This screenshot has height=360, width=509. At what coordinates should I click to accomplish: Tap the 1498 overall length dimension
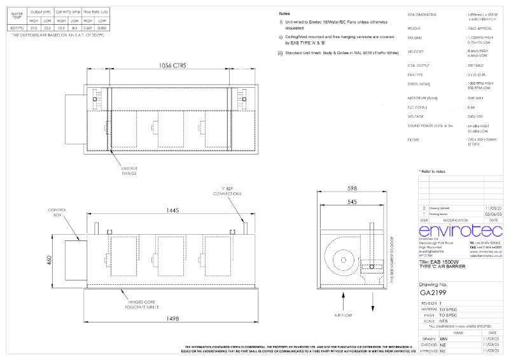(169, 319)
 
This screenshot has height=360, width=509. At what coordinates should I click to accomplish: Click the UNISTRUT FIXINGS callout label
(129, 170)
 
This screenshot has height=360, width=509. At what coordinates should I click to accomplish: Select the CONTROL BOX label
(58, 213)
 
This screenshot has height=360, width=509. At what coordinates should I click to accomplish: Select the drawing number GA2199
(433, 293)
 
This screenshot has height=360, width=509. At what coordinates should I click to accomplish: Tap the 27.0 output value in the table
(34, 29)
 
